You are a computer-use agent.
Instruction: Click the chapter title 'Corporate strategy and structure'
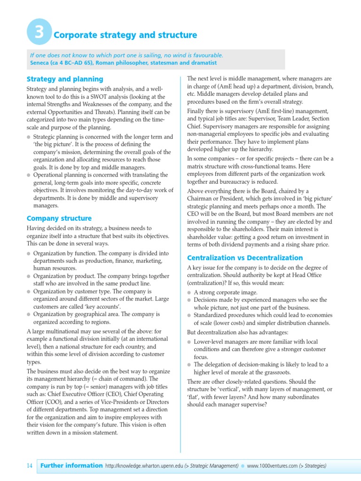(x=126, y=35)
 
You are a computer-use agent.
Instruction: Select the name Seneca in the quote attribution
(x=41, y=63)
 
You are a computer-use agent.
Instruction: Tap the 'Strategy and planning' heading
(x=65, y=79)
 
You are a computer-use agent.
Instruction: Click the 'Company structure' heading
(x=59, y=218)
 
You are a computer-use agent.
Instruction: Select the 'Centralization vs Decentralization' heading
(x=245, y=258)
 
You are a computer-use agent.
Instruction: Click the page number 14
(x=29, y=466)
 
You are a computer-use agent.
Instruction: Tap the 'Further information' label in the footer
(x=71, y=466)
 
